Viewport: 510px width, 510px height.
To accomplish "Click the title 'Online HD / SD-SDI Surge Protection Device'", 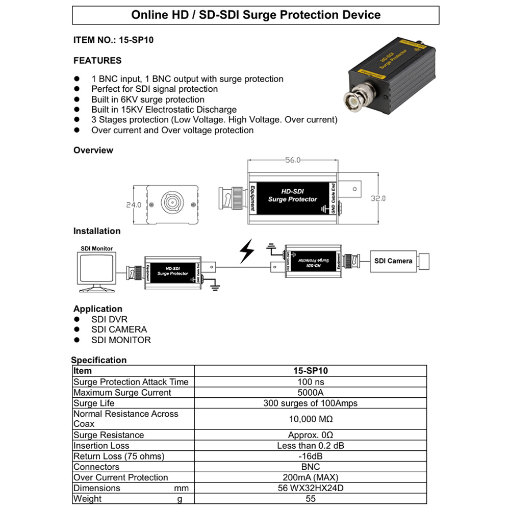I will tap(256, 15).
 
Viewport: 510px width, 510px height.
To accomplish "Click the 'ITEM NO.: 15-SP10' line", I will tap(113, 40).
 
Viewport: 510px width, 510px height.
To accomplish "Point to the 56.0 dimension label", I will tap(293, 160).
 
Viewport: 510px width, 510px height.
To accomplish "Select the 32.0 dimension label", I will tap(378, 198).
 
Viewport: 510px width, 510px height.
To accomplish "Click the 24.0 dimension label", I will tap(133, 205).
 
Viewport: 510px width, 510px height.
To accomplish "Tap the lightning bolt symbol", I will tap(247, 252).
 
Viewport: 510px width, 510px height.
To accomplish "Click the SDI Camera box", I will tap(393, 261).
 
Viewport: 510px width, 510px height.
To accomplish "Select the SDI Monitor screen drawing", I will tap(97, 271).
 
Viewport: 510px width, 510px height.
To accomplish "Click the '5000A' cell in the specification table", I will tap(311, 393).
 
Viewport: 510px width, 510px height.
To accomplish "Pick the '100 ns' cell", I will tap(311, 382).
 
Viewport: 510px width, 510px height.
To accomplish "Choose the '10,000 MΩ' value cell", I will tap(311, 419).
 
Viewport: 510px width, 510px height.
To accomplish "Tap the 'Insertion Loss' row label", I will tap(101, 446).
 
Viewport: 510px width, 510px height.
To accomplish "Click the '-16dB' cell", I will tap(311, 456).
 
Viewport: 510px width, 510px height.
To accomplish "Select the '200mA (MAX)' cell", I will tap(311, 478).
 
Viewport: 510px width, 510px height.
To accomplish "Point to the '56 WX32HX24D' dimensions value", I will tap(311, 488).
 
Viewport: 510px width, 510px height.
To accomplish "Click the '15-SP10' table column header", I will tap(311, 371).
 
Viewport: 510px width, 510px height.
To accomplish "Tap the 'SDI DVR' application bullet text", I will tap(109, 319).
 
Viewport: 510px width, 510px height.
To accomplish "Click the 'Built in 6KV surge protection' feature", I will tap(148, 99).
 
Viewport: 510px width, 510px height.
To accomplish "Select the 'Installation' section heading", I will tap(97, 231).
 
